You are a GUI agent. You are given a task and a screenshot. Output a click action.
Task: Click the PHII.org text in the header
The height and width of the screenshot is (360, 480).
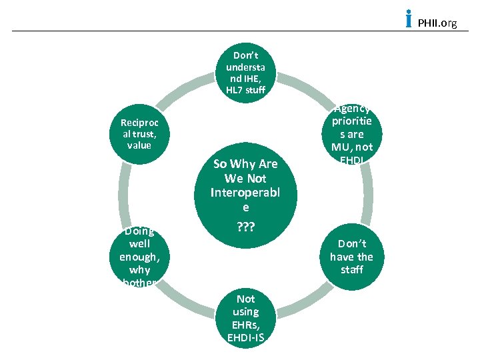437,23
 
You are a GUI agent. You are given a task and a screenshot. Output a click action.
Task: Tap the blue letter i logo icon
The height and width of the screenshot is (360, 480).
409,19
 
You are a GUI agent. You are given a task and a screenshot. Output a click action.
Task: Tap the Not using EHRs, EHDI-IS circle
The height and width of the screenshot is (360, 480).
245,318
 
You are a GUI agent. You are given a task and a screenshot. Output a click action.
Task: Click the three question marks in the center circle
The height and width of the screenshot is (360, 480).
244,227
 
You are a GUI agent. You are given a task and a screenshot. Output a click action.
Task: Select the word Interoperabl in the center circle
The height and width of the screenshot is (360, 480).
244,193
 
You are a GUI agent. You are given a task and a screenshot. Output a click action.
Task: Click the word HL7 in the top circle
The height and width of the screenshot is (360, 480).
235,90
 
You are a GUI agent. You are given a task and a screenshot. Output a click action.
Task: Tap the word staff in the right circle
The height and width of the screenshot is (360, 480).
351,269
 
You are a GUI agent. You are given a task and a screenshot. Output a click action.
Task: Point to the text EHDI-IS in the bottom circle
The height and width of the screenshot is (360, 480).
245,337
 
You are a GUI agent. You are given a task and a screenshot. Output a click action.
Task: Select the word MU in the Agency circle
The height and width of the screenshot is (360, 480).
346,147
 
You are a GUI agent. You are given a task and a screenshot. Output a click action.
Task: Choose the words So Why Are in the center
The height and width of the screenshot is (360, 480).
245,164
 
